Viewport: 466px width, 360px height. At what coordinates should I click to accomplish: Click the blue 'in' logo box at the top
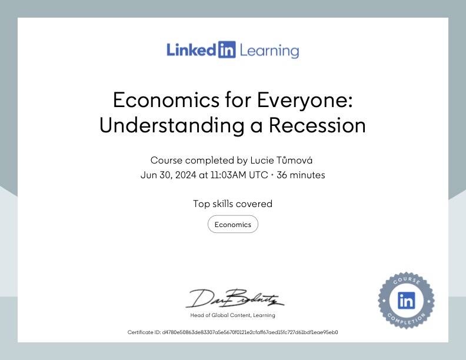pyautogui.click(x=227, y=49)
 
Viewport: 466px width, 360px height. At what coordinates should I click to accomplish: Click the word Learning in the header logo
pyautogui.click(x=269, y=51)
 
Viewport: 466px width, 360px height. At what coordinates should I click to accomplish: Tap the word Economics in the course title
pyautogui.click(x=167, y=100)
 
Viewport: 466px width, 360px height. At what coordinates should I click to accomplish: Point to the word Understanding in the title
pyautogui.click(x=172, y=125)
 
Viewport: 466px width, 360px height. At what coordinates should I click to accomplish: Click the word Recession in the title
pyautogui.click(x=317, y=125)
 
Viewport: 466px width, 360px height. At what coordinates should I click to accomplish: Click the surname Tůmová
pyautogui.click(x=294, y=160)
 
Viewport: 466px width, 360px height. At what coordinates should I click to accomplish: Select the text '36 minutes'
pyautogui.click(x=301, y=175)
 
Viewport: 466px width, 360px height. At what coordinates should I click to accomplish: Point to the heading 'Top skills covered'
pyautogui.click(x=232, y=204)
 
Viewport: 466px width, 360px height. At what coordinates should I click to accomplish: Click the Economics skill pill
pyautogui.click(x=233, y=224)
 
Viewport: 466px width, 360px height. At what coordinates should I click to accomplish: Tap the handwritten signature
pyautogui.click(x=235, y=298)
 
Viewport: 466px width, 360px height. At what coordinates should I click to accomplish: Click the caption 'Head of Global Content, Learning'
pyautogui.click(x=232, y=315)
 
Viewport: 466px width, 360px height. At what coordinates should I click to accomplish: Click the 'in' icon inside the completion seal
pyautogui.click(x=406, y=301)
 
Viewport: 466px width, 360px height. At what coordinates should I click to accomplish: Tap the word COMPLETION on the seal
pyautogui.click(x=406, y=319)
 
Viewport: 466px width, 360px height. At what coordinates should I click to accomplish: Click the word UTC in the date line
pyautogui.click(x=258, y=175)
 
